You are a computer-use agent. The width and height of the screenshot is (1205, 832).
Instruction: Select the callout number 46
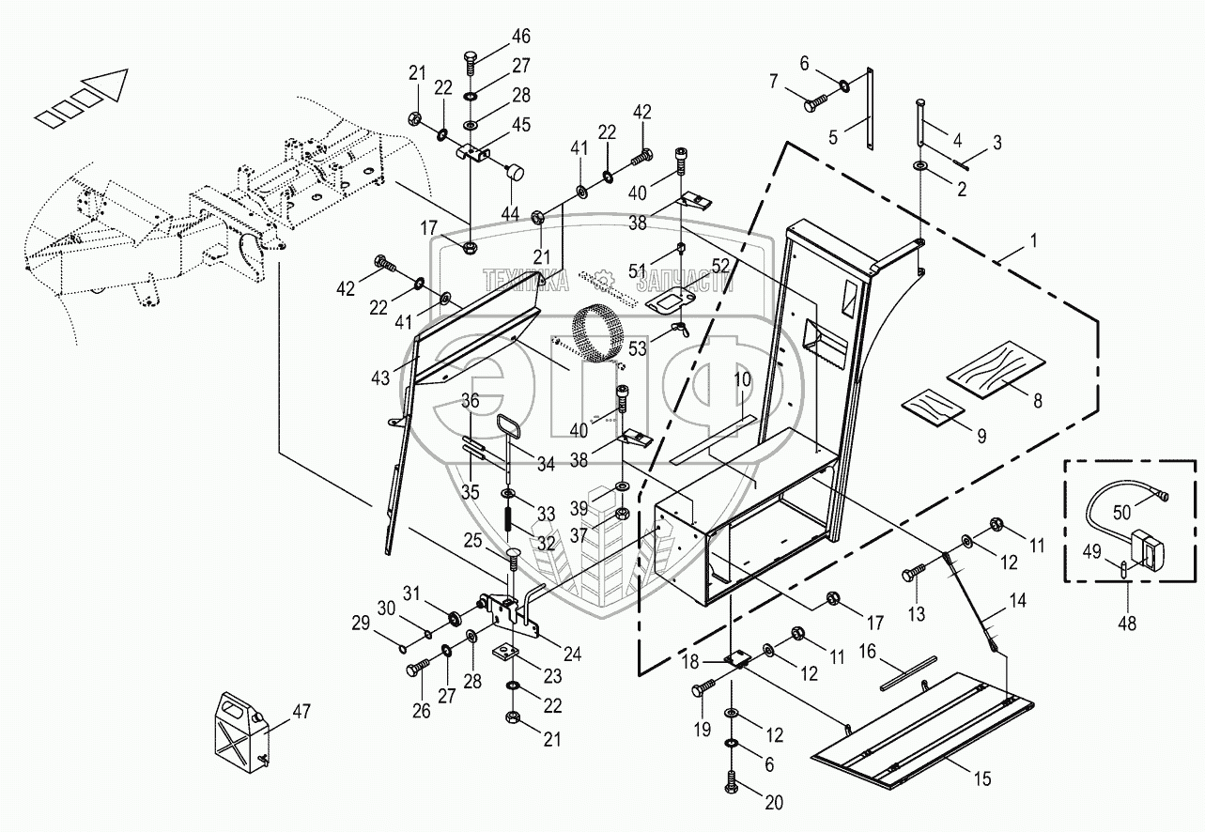[520, 37]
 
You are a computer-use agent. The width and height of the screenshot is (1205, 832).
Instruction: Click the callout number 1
[1034, 240]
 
